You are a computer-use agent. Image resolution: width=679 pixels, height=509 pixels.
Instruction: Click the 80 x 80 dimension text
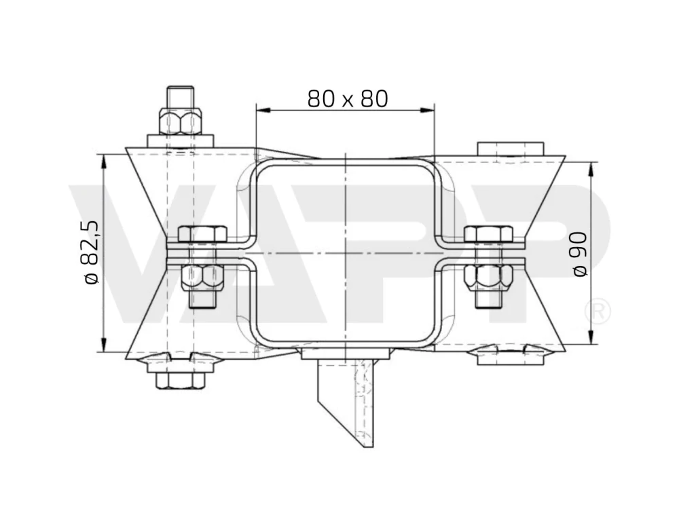point(348,99)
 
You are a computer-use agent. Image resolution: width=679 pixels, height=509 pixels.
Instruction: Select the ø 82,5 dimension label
point(92,252)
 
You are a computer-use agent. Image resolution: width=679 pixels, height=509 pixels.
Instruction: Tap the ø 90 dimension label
point(580,254)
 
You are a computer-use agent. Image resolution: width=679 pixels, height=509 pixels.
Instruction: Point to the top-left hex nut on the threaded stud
point(180,121)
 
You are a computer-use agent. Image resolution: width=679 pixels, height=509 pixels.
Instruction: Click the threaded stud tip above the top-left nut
point(180,97)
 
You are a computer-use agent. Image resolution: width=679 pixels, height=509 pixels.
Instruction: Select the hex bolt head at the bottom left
point(180,380)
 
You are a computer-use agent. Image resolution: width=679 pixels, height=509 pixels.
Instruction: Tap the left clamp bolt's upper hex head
point(202,233)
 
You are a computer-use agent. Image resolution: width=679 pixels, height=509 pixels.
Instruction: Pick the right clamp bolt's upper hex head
point(488,233)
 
